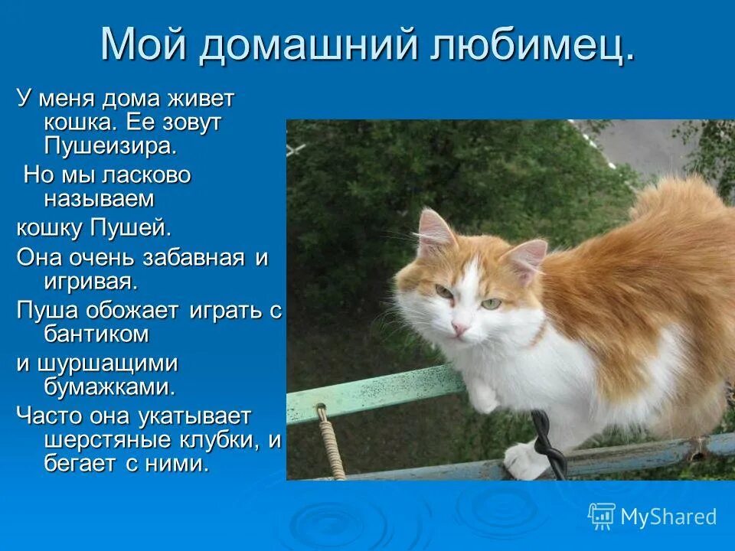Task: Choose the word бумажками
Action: [x=109, y=386]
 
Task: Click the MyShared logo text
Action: [x=668, y=517]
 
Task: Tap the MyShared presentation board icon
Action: [x=601, y=517]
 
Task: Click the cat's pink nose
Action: [x=459, y=328]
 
